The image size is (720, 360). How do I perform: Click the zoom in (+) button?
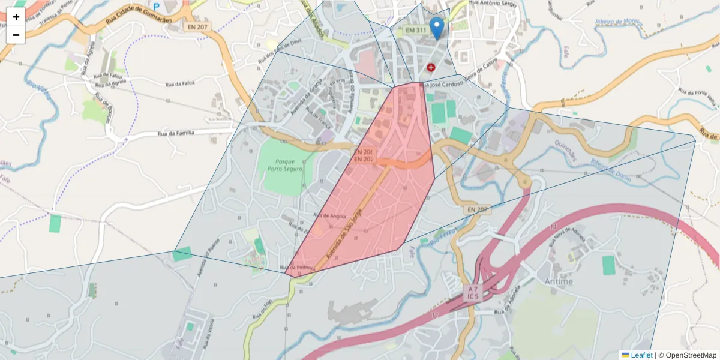(16, 17)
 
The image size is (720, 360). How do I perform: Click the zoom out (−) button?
(16, 35)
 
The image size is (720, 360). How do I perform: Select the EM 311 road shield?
(416, 30)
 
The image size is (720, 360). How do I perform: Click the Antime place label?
(558, 281)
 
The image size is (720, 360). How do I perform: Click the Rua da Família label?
(176, 133)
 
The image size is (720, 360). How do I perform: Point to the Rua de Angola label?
(330, 215)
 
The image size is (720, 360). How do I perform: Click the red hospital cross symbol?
(431, 67)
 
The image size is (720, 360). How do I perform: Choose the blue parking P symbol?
(157, 7)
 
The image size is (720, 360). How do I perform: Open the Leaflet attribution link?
(641, 355)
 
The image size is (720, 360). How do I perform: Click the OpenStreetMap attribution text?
(688, 355)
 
